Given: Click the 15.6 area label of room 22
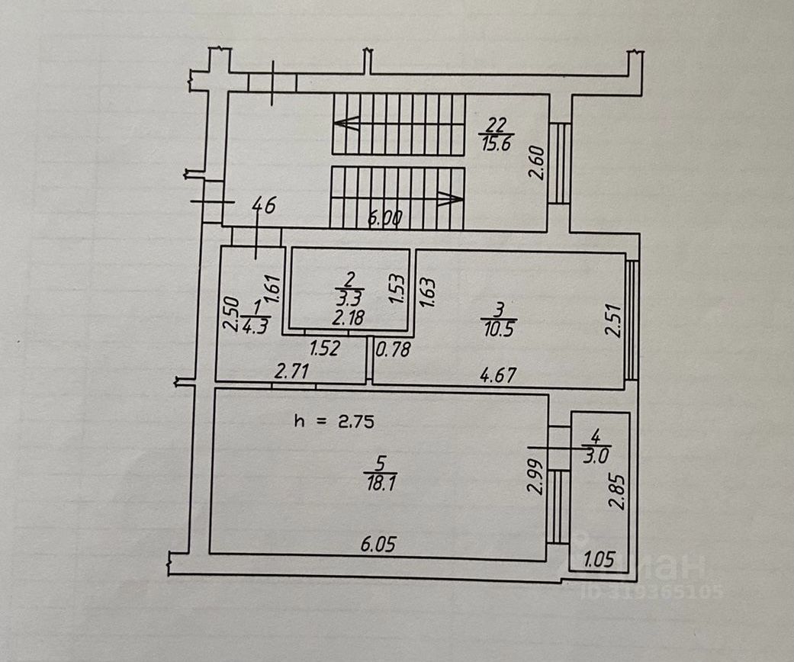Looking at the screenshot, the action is point(496,144).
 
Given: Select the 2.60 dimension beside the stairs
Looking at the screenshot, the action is point(537,162).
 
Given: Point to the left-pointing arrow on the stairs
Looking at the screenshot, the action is point(347,123).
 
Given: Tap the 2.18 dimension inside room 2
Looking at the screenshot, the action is point(349,317).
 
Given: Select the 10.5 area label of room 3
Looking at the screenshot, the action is point(499,329).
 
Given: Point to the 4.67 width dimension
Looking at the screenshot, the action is point(497,374).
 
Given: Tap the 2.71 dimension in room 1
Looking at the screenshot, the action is point(291,372).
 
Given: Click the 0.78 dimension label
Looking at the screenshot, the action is point(394,350).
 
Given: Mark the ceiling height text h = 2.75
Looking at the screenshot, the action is point(334,421).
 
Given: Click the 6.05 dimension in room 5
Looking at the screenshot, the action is point(380,545).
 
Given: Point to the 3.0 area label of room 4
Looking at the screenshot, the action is point(595,456).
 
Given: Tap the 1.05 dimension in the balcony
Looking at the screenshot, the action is point(599,561).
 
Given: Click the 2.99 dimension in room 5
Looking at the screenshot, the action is point(535,477).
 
